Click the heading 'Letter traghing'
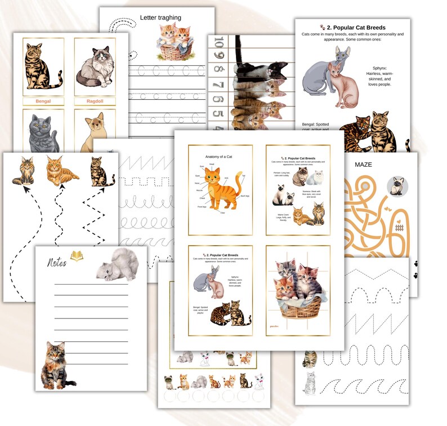pos(160,17)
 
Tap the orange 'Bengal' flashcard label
pos(43,101)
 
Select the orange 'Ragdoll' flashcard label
pos(95,101)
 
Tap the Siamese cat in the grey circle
pos(398,186)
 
